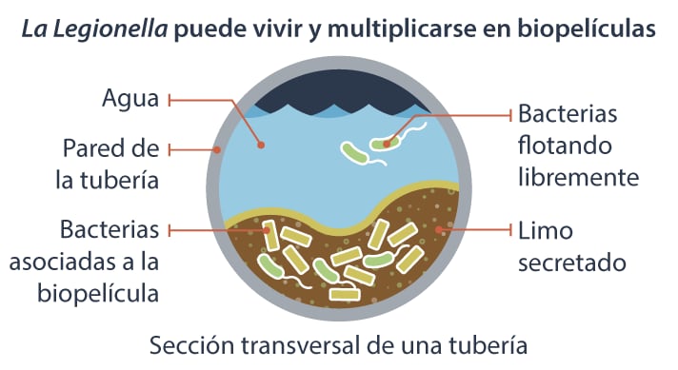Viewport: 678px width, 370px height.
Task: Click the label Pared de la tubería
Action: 110,164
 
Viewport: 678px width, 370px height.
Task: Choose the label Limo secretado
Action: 571,245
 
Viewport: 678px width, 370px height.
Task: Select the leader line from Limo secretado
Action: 476,230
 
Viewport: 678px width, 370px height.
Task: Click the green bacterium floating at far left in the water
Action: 357,150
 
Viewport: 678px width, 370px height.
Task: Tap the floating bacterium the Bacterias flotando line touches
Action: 386,145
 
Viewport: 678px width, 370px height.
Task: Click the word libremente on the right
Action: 577,177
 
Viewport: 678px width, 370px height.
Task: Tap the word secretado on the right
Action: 571,262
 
